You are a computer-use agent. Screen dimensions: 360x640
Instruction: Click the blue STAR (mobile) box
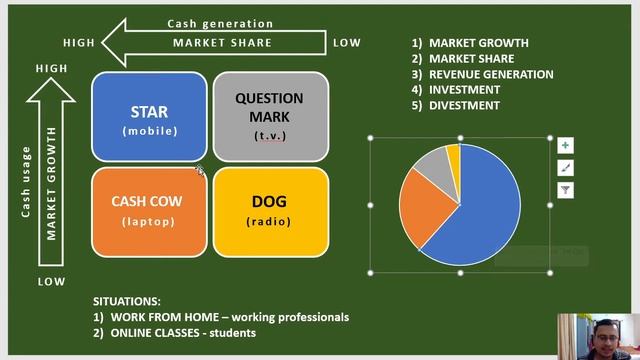pyautogui.click(x=149, y=117)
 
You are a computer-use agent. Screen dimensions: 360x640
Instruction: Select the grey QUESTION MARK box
pyautogui.click(x=270, y=117)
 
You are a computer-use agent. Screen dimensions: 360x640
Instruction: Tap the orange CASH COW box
pyautogui.click(x=149, y=210)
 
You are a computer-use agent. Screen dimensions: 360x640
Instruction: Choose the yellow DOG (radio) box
pyautogui.click(x=270, y=210)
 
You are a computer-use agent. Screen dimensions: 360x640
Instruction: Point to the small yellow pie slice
pyautogui.click(x=453, y=153)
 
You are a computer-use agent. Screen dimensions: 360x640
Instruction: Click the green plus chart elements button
pyautogui.click(x=565, y=146)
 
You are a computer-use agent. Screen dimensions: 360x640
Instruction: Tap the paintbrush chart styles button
pyautogui.click(x=565, y=168)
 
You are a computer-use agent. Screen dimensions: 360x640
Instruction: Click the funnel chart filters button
pyautogui.click(x=565, y=190)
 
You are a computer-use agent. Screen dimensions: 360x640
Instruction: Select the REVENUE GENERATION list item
pyautogui.click(x=490, y=74)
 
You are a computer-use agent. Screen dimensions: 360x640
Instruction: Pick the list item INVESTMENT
pyautogui.click(x=464, y=90)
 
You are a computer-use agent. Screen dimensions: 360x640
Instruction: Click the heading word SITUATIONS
pyautogui.click(x=126, y=301)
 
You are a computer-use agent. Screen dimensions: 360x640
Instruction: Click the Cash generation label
pyautogui.click(x=220, y=24)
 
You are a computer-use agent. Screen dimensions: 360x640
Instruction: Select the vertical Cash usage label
pyautogui.click(x=27, y=181)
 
